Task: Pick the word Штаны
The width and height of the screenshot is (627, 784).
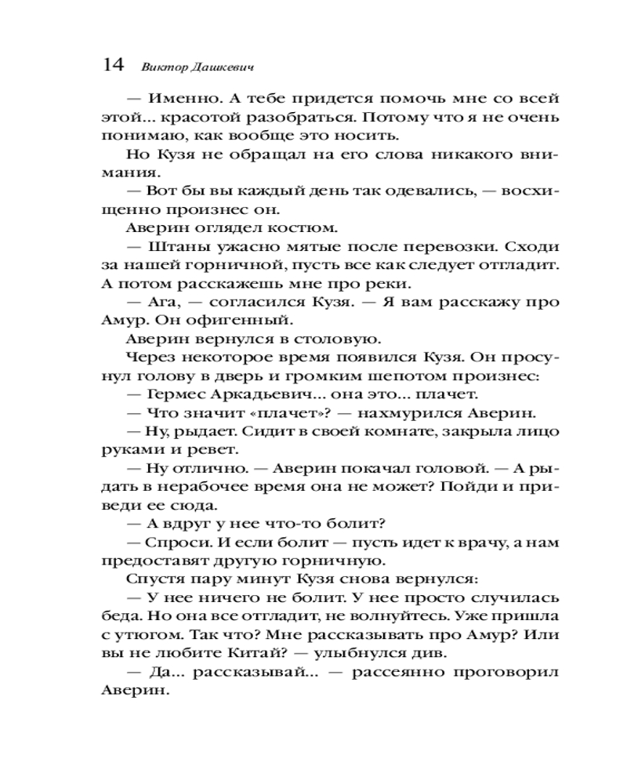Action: pos(171,246)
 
